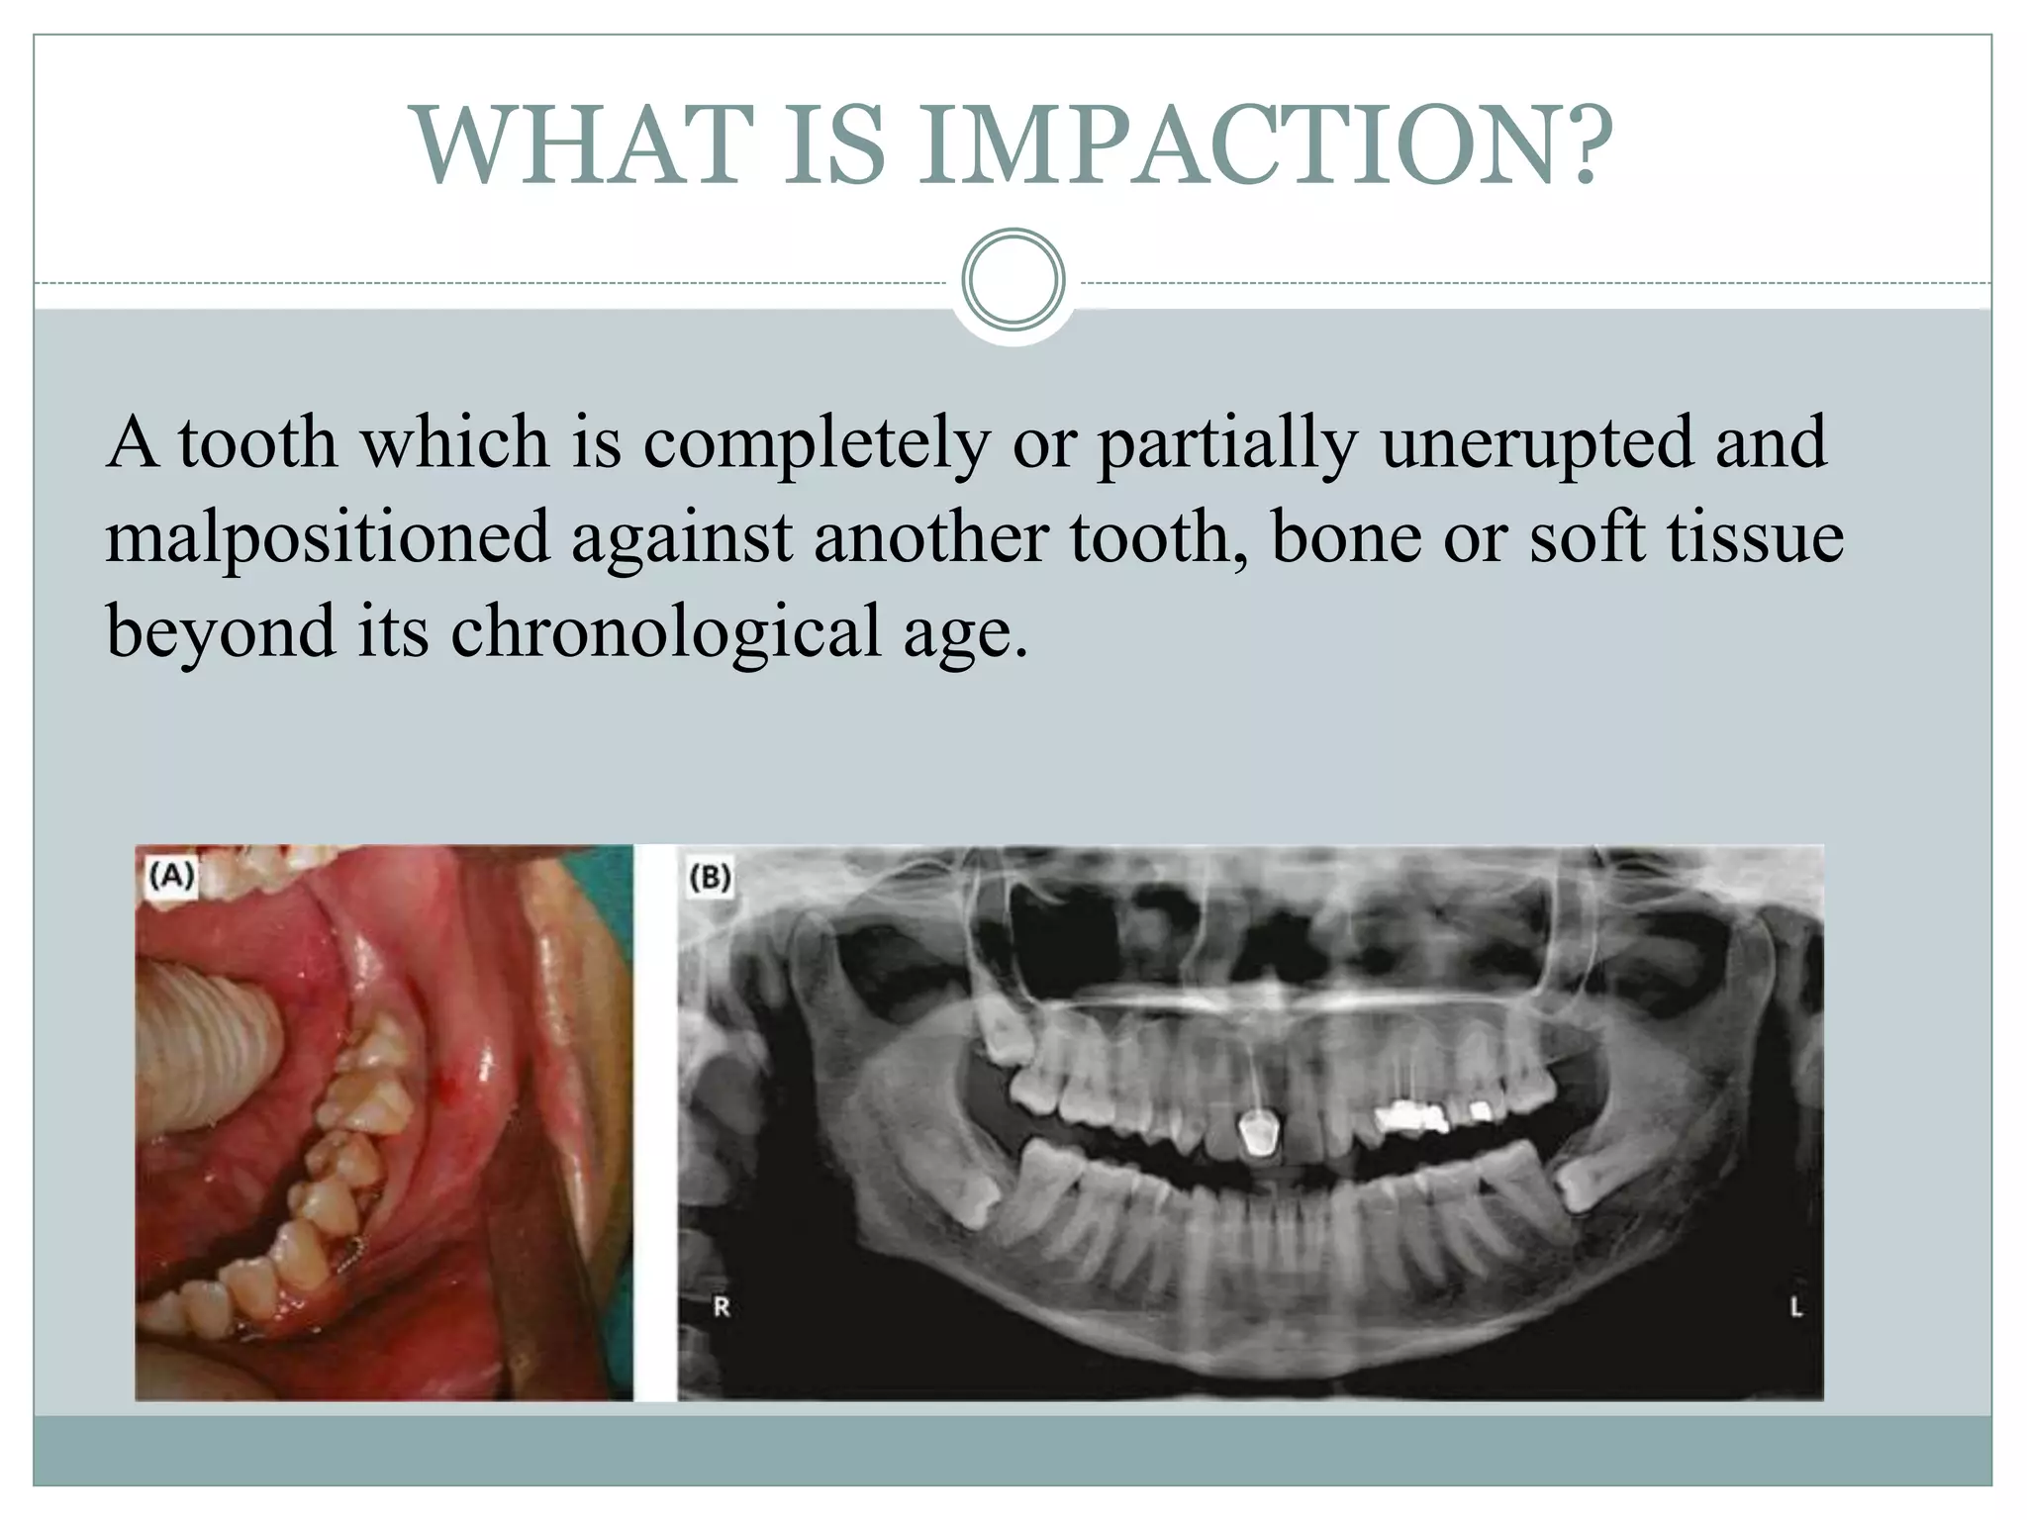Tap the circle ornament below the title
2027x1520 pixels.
pyautogui.click(x=1013, y=280)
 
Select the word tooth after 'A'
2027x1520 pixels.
pyautogui.click(x=257, y=442)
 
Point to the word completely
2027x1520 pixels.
pyautogui.click(x=816, y=444)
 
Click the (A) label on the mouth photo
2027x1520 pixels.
pyautogui.click(x=170, y=875)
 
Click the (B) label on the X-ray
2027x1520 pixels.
pyautogui.click(x=709, y=877)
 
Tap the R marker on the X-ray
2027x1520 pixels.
pyautogui.click(x=722, y=1307)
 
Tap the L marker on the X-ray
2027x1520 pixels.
pyautogui.click(x=1796, y=1307)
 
